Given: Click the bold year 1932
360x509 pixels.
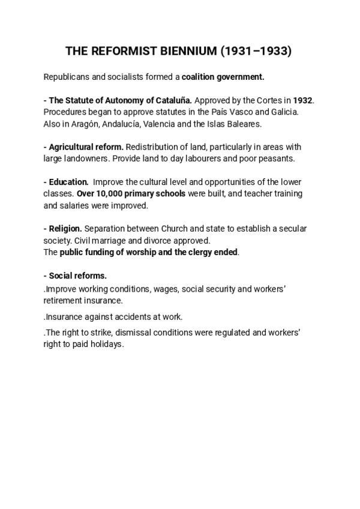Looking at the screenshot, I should (303, 100).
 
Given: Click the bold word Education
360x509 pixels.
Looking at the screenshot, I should (69, 182).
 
